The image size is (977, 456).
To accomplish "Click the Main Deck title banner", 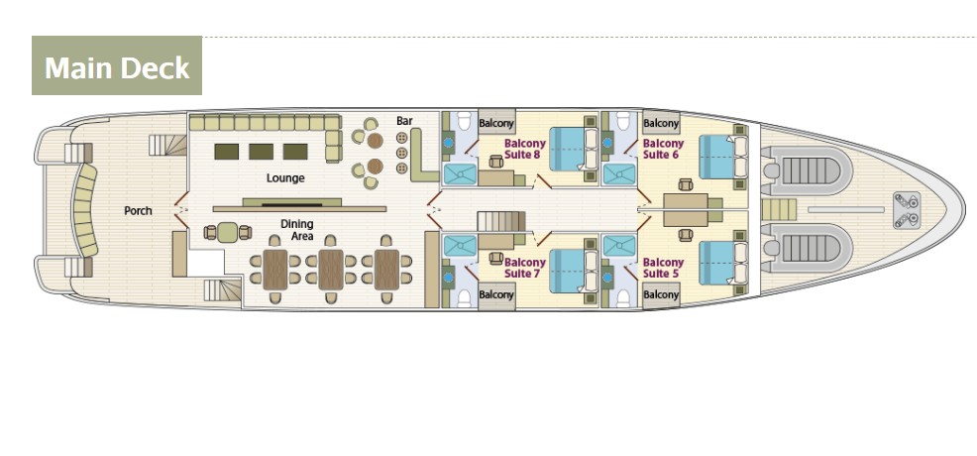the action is point(117,65).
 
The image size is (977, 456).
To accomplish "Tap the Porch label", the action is point(138,211).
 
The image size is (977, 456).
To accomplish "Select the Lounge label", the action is point(285,178).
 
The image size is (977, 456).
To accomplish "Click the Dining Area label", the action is point(296,230).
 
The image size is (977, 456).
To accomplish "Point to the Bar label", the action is point(404,120).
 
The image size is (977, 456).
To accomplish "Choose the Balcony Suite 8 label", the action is point(524,149).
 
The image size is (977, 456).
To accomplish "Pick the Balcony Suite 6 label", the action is point(663,149).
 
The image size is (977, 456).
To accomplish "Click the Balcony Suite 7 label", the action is point(524,268).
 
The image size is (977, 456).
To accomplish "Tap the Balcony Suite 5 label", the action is point(663,268).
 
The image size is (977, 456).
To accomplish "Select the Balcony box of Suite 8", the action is point(496,123).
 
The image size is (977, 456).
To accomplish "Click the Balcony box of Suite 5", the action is point(661,294).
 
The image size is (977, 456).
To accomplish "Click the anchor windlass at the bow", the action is point(907,210).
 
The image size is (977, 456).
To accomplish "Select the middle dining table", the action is point(331,269).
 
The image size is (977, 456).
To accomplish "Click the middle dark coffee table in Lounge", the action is point(261,152).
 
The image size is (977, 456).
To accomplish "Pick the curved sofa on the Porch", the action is point(85,210).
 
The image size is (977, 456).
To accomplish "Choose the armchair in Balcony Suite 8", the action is point(496,162).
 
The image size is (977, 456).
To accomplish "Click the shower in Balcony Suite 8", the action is point(460,173).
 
